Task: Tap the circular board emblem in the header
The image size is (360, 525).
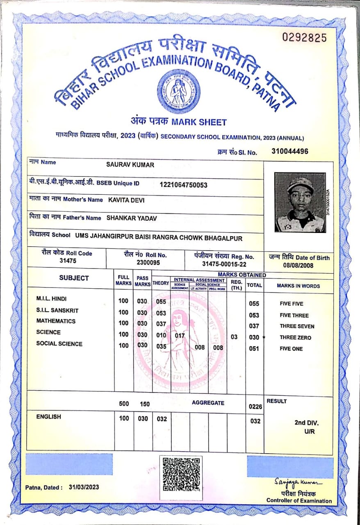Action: (179, 91)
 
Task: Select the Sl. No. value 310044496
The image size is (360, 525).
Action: (290, 151)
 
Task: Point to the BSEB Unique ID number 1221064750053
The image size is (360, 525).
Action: (183, 185)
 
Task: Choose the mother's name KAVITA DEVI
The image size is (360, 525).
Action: (126, 200)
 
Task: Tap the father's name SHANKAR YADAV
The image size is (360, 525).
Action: (132, 218)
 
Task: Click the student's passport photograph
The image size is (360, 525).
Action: (300, 203)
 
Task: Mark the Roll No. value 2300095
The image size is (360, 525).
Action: (148, 262)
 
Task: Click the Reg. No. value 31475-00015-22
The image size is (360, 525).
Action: (224, 264)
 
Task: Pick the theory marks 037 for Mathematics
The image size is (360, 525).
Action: (161, 324)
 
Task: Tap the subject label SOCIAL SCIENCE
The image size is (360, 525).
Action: (59, 344)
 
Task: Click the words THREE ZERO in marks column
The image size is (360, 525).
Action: (295, 338)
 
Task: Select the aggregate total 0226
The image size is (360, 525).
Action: (255, 407)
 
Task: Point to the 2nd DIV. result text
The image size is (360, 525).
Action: (306, 423)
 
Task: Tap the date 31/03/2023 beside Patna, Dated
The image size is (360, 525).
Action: (84, 487)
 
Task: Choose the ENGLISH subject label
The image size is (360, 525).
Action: (48, 417)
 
